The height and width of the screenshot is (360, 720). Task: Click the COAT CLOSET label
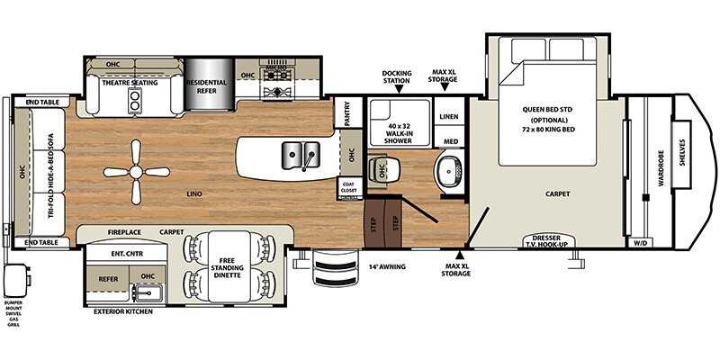pos(347,186)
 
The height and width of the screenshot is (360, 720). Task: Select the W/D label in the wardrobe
pos(641,241)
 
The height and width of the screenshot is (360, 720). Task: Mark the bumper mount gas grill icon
pos(16,278)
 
